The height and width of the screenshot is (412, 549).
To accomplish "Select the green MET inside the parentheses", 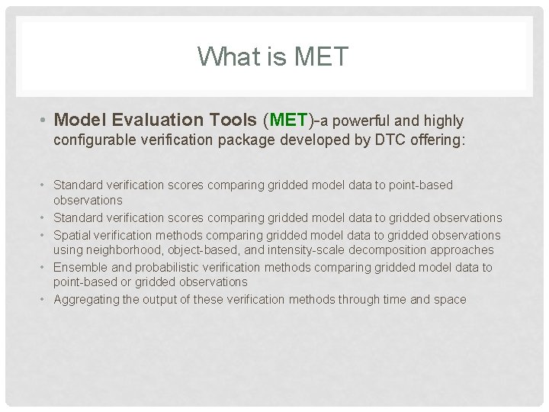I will pyautogui.click(x=288, y=121).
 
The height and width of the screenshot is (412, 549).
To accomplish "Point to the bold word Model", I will pyautogui.click(x=81, y=121).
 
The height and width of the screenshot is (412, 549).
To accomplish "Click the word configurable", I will pyautogui.click(x=95, y=141).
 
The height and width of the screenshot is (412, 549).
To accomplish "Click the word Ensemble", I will pyautogui.click(x=80, y=267).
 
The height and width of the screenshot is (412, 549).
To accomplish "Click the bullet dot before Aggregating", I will pyautogui.click(x=45, y=300).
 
